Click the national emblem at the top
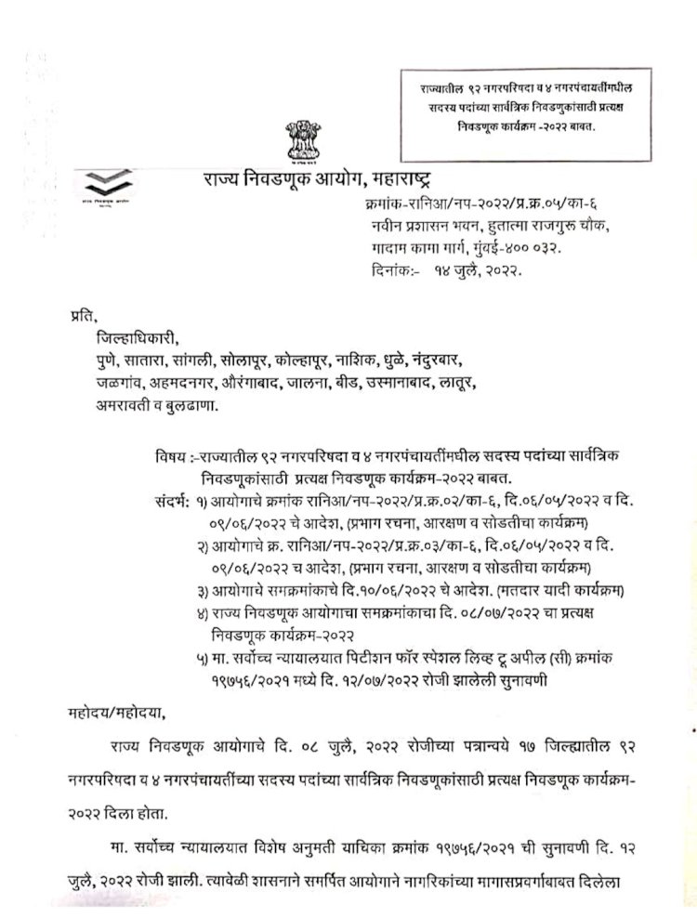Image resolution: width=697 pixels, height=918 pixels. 304,141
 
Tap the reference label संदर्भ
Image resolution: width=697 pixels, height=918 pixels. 167,503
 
